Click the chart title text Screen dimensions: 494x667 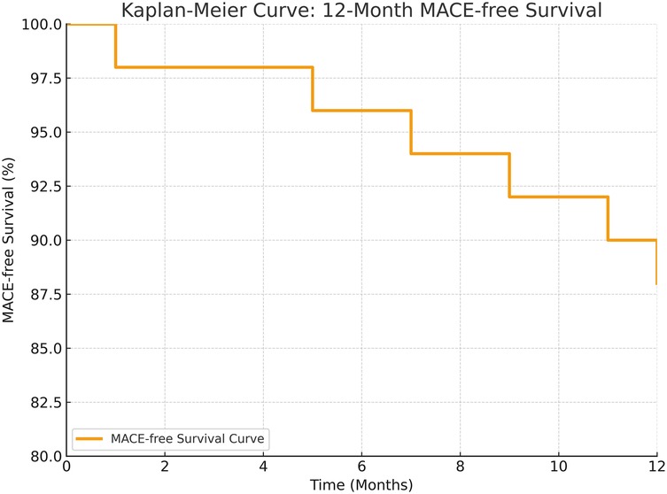tap(361, 11)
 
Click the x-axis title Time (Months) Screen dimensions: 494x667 tap(361, 484)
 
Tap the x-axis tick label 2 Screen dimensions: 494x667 tap(165, 467)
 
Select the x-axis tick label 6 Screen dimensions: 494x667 tap(361, 467)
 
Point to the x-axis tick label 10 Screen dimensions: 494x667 tap(558, 467)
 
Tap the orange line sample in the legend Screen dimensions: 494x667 tap(89, 437)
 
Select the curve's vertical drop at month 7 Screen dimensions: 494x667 tap(411, 132)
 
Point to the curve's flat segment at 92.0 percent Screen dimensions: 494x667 tap(558, 197)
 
